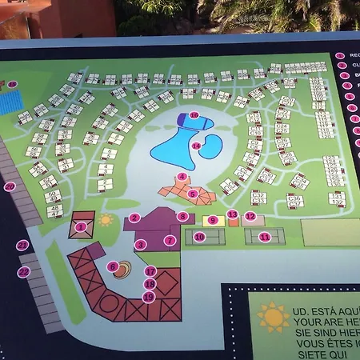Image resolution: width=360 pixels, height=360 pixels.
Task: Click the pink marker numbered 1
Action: pos(80,227)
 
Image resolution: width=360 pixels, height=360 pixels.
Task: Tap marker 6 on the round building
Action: pos(113,267)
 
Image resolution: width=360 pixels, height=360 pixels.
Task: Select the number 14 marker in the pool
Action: pos(196,145)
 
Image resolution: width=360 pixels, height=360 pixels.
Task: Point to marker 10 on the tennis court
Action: pos(200,237)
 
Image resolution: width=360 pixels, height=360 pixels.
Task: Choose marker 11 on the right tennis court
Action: pos(265,237)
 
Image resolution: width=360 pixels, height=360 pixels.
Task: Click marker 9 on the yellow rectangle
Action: pos(213,220)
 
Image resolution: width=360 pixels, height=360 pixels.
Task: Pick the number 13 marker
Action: pos(232,214)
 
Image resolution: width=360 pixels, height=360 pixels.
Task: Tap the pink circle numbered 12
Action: pos(250,216)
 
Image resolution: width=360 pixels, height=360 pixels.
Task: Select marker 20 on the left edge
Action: pos(10,186)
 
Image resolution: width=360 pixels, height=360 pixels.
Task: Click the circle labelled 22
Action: pos(24,272)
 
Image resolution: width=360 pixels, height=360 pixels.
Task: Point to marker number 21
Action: pos(23,246)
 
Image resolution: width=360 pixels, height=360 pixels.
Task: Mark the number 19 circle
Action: pos(148,297)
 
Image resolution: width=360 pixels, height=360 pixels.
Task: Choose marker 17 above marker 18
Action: pos(150,271)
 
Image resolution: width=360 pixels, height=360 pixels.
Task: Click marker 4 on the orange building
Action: pos(182,177)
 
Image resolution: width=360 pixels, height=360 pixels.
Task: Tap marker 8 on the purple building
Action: pos(182,216)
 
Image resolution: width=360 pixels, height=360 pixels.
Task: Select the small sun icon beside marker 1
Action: pos(106,219)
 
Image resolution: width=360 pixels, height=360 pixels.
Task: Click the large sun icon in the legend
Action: pos(274,318)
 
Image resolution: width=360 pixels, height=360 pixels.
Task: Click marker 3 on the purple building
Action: pos(140,245)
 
